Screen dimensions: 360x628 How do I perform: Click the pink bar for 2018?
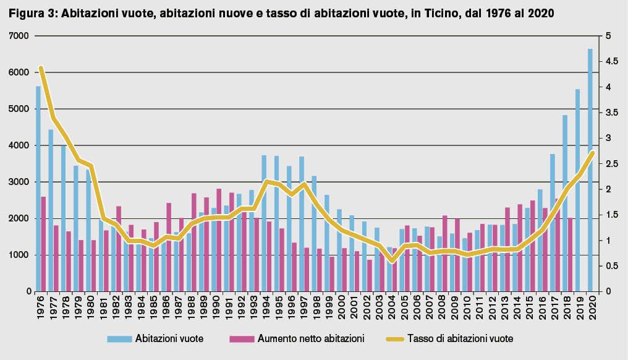pos(570,254)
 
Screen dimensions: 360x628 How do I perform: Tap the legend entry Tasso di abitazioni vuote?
pos(460,338)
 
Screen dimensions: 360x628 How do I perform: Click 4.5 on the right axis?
pos(611,61)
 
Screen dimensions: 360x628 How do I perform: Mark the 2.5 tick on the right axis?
pos(611,164)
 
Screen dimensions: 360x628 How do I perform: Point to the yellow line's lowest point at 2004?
pos(391,260)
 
